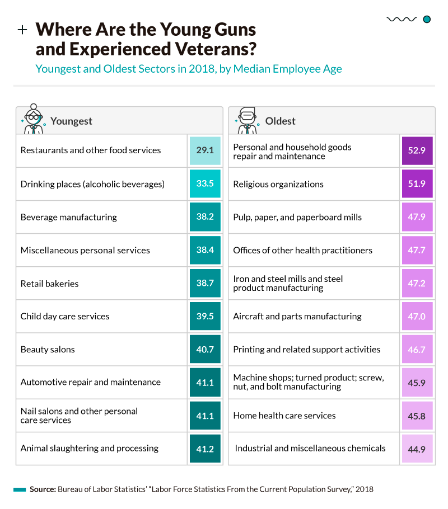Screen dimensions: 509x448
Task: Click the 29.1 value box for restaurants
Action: pyautogui.click(x=205, y=150)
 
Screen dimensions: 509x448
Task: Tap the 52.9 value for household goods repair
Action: pyautogui.click(x=417, y=151)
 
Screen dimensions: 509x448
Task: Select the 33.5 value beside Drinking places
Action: pyautogui.click(x=205, y=184)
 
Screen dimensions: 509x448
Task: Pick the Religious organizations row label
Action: pyautogui.click(x=278, y=184)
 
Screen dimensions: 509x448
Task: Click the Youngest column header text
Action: pyautogui.click(x=71, y=121)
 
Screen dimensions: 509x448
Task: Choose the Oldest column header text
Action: pyautogui.click(x=280, y=121)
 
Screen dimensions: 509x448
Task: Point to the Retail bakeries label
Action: pyautogui.click(x=49, y=284)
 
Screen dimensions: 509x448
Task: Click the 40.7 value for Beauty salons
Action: pyautogui.click(x=205, y=350)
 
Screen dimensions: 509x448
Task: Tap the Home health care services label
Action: pyautogui.click(x=284, y=416)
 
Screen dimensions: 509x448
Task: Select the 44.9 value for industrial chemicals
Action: pyautogui.click(x=417, y=449)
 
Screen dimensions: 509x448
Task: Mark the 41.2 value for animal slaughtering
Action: pyautogui.click(x=205, y=449)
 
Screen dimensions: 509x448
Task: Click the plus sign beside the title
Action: pyautogui.click(x=22, y=30)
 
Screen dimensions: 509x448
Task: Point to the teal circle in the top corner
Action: pyautogui.click(x=427, y=20)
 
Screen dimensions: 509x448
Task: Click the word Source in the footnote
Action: pyautogui.click(x=42, y=489)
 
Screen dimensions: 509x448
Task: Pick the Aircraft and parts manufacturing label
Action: pyautogui.click(x=297, y=317)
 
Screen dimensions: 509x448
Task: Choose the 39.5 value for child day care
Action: pyautogui.click(x=205, y=317)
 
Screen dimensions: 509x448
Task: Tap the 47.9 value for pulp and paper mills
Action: pyautogui.click(x=417, y=217)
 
